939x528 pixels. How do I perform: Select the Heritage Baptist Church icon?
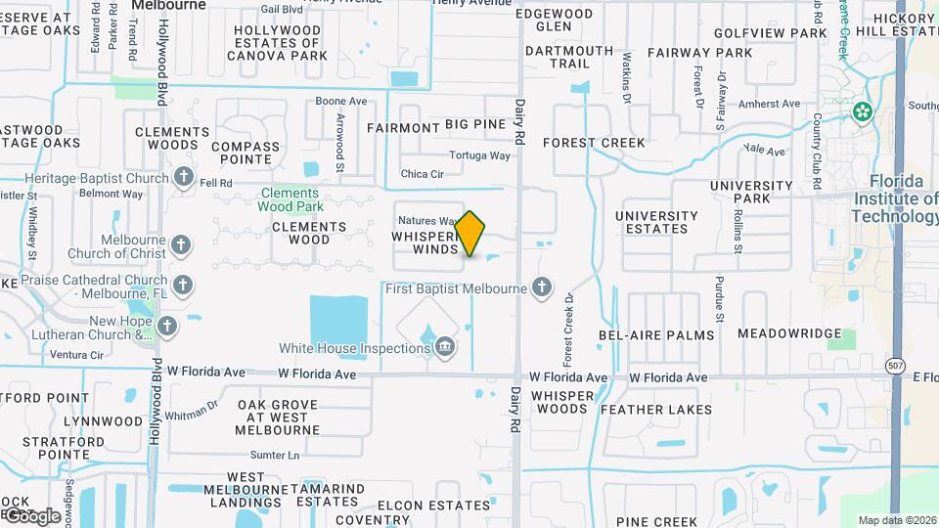183,177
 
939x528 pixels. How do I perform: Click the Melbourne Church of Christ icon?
181,244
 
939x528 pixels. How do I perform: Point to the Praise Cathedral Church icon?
182,286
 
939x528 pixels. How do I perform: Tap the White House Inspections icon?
445,346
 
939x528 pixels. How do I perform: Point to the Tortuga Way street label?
479,155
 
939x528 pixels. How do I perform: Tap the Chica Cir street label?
423,174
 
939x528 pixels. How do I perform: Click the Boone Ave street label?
340,101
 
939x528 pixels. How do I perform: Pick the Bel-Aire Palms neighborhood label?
656,334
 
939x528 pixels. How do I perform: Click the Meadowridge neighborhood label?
789,333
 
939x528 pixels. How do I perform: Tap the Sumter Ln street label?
274,455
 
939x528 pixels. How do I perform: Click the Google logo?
31,515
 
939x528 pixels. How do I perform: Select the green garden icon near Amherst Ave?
862,111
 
